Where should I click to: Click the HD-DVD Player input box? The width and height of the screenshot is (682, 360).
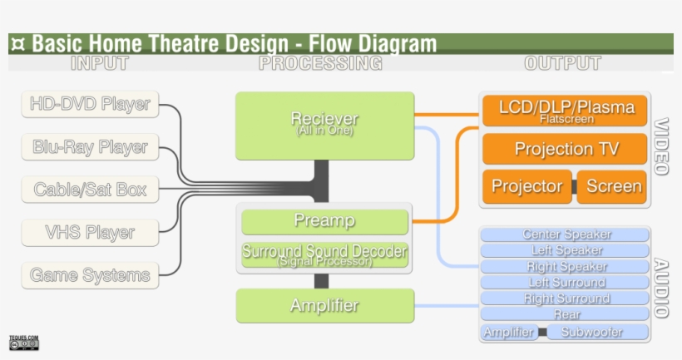(90, 105)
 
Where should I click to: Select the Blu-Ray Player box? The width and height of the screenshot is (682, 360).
(90, 147)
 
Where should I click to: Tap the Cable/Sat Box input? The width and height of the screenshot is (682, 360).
(90, 190)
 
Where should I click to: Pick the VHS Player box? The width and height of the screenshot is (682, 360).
(90, 233)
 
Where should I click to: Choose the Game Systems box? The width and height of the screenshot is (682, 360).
(90, 275)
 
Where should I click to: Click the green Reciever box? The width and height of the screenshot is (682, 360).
(324, 126)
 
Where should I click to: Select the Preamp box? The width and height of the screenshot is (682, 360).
(324, 221)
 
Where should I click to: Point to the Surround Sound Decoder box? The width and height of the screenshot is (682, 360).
(324, 254)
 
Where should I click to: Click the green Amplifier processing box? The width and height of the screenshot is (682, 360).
(324, 306)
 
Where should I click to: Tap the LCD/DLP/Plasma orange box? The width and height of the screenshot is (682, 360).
(565, 111)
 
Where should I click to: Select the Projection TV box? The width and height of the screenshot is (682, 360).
(565, 149)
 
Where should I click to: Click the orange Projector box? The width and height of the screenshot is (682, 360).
(526, 186)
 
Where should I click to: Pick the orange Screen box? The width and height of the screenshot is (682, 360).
(613, 186)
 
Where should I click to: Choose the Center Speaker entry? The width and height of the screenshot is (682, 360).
(565, 234)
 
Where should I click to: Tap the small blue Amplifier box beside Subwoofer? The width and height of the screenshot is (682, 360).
(508, 333)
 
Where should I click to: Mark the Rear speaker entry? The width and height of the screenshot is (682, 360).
(565, 314)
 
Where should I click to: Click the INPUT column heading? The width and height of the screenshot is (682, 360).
(100, 63)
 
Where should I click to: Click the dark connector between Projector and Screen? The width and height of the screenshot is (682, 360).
(574, 186)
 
